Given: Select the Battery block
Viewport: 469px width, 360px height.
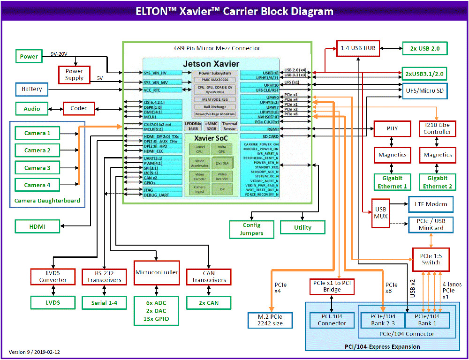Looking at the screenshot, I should pos(31,89).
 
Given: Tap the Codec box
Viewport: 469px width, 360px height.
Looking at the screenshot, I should pos(78,109).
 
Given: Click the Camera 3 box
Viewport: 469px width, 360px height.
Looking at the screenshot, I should pos(38,168).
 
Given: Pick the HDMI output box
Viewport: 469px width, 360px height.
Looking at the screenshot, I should pos(38,227).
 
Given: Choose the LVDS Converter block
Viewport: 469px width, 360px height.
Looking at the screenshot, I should pos(52,276).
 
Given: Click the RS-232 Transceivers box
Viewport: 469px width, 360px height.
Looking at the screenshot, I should pos(104,276).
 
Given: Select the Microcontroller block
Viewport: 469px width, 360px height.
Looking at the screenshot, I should pos(156,273).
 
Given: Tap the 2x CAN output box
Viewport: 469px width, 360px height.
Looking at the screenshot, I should pos(208,303).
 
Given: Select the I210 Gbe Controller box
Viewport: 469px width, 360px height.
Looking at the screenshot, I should pos(437,128).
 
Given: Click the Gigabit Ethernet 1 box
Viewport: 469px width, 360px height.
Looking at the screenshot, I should pos(393,182).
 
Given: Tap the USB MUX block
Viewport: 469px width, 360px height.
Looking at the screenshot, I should pos(380,213).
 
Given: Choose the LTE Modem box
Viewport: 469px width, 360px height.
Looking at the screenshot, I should pos(431,204).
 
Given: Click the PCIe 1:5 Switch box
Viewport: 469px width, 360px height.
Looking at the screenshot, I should pos(431,259).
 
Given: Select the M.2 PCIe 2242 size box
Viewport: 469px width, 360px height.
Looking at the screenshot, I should pos(272,320).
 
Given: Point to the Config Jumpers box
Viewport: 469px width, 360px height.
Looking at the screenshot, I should pos(251,229).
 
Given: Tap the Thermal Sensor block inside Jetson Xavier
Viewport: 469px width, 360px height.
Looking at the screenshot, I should pos(229,126).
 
